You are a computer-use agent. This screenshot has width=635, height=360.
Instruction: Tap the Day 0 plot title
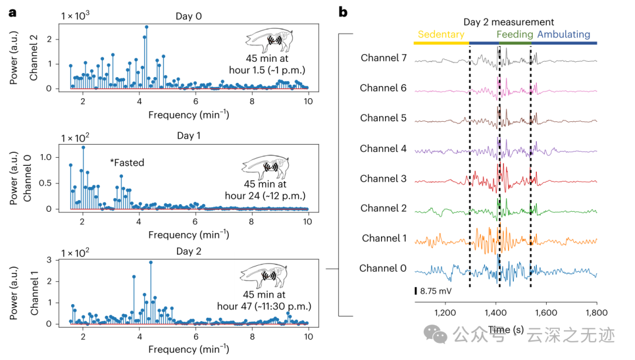click(189, 16)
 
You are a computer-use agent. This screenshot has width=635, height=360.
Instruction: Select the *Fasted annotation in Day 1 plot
click(128, 162)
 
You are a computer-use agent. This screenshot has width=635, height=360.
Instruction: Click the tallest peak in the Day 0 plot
click(146, 27)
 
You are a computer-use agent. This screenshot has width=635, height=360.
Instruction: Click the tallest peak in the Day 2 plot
click(151, 262)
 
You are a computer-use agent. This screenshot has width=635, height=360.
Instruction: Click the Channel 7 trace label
click(383, 58)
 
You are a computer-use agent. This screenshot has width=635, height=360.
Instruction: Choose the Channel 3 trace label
click(383, 178)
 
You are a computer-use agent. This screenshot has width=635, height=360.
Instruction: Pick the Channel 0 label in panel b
click(383, 268)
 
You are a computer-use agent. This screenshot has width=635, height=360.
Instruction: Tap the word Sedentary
click(441, 34)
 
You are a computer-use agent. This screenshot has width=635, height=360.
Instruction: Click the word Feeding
click(514, 34)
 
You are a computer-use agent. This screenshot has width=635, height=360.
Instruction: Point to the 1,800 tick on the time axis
click(596, 312)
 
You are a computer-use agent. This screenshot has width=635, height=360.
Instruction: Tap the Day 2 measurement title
click(508, 22)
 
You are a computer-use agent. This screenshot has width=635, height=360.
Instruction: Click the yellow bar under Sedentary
click(441, 43)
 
